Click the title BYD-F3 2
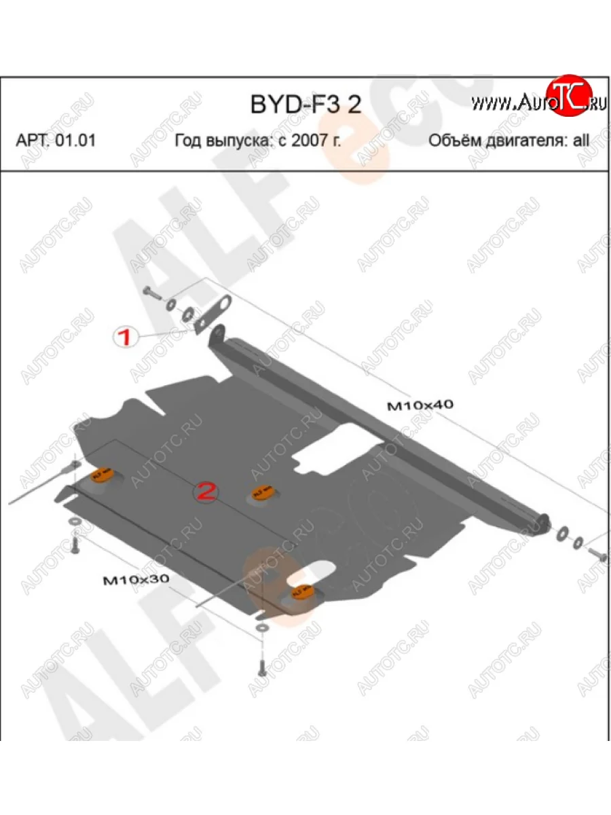point(306,105)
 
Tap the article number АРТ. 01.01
point(56,141)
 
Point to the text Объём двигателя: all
point(509,141)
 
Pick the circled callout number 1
point(126,337)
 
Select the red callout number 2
point(206,492)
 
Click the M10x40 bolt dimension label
point(420,406)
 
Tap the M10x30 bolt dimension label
point(135,580)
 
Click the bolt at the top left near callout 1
point(151,293)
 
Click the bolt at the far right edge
point(599,554)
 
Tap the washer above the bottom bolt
point(261,628)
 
